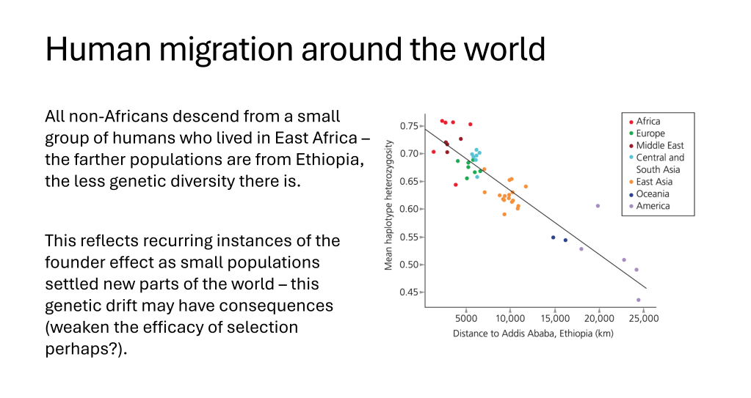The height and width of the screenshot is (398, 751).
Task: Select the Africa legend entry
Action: [645, 122]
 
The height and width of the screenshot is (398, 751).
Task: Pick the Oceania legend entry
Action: [649, 194]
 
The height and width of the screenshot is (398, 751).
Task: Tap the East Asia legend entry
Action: [651, 182]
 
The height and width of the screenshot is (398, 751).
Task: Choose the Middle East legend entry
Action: [656, 145]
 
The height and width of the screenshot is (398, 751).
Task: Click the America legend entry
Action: [650, 206]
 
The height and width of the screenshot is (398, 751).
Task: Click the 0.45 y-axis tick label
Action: [410, 292]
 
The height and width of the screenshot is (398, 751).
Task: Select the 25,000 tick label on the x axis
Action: [644, 319]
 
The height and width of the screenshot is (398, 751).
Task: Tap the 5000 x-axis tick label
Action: [466, 319]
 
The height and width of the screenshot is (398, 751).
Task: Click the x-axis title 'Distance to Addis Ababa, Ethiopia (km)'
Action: [533, 333]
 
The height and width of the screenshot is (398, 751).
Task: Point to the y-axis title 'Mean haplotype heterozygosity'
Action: [388, 205]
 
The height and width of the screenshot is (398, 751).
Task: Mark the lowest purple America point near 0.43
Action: [639, 300]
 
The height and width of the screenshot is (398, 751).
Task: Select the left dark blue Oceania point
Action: [554, 237]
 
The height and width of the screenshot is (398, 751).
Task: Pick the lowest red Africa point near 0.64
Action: [455, 185]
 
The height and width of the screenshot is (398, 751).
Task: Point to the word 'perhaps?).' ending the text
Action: [86, 350]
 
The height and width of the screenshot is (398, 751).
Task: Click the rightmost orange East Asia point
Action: [526, 187]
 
